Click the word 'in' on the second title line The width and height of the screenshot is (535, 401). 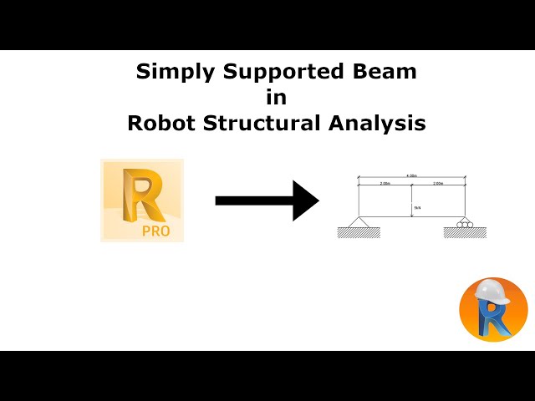(x=276, y=97)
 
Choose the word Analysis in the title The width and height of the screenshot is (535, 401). (x=380, y=123)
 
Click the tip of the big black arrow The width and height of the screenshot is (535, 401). (x=317, y=200)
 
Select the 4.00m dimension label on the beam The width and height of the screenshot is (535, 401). (x=411, y=176)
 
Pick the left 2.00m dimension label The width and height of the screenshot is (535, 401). (x=385, y=183)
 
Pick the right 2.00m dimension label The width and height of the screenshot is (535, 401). (x=438, y=183)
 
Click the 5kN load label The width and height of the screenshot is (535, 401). (x=416, y=209)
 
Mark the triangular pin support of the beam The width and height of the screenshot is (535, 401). (x=359, y=222)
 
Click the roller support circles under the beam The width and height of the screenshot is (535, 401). (x=465, y=224)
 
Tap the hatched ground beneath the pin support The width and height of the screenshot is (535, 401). (x=359, y=232)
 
